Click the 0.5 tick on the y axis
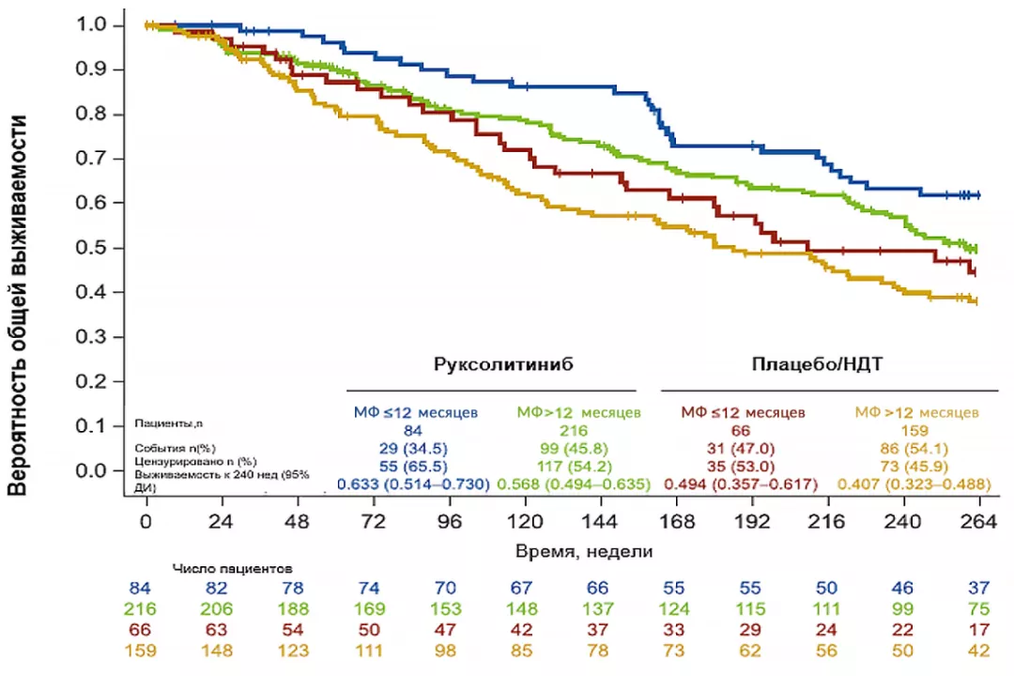pyautogui.click(x=117, y=248)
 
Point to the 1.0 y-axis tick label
pyautogui.click(x=90, y=24)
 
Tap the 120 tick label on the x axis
pyautogui.click(x=525, y=521)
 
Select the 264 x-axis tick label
pyautogui.click(x=979, y=521)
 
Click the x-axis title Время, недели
pyautogui.click(x=584, y=551)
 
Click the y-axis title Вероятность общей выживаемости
pyautogui.click(x=18, y=305)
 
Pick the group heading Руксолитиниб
pyautogui.click(x=503, y=363)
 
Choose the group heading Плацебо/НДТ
pyautogui.click(x=817, y=363)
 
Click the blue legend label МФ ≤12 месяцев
pyautogui.click(x=415, y=412)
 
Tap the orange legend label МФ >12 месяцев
pyautogui.click(x=916, y=412)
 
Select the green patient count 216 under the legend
pyautogui.click(x=574, y=430)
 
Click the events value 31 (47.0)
pyautogui.click(x=741, y=448)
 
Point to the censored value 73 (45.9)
pyautogui.click(x=914, y=467)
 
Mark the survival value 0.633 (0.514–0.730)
pyautogui.click(x=413, y=484)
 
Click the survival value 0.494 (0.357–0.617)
pyautogui.click(x=741, y=484)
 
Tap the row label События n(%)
pyautogui.click(x=175, y=448)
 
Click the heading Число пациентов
pyautogui.click(x=232, y=569)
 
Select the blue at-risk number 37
pyautogui.click(x=978, y=588)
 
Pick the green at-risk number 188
pyautogui.click(x=293, y=608)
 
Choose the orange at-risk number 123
pyautogui.click(x=293, y=650)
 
